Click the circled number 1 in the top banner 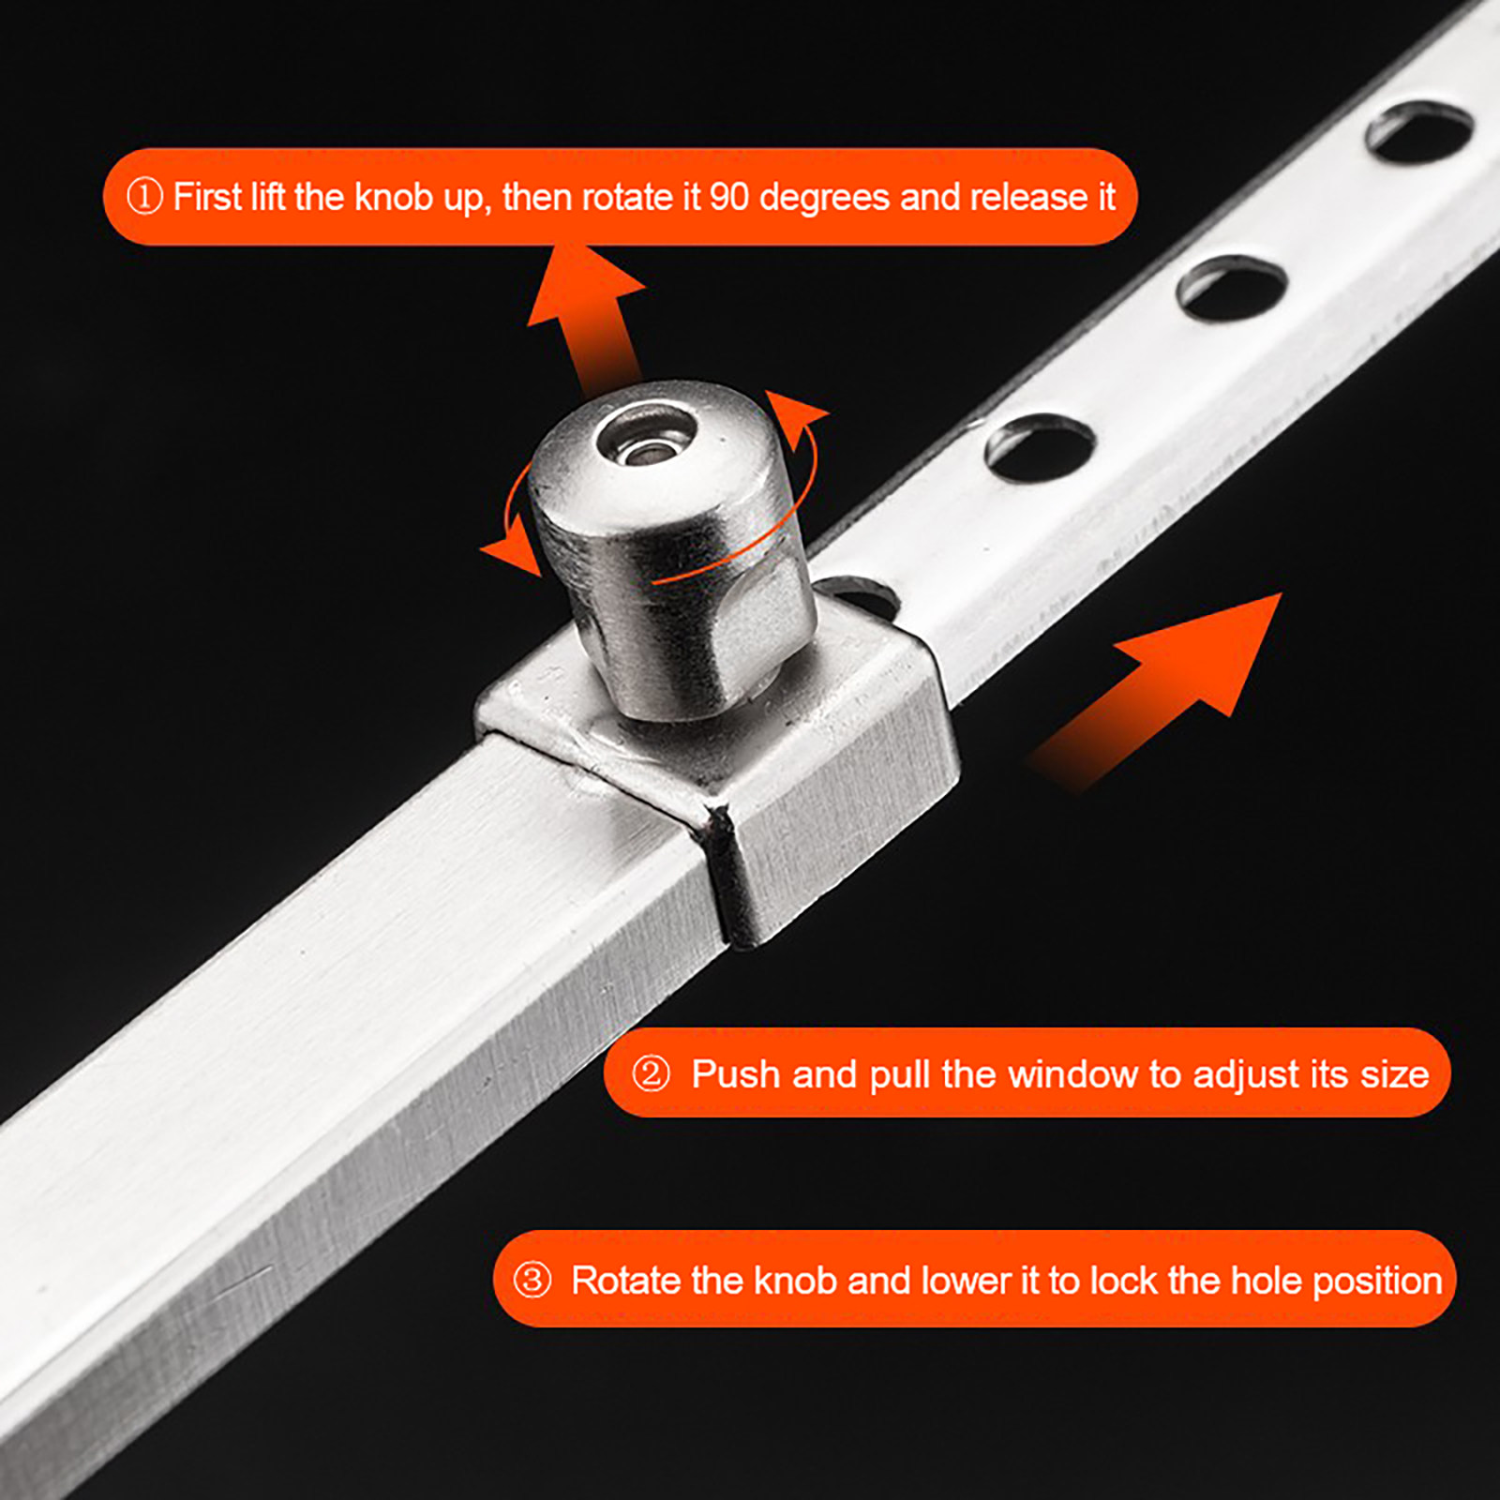[144, 197]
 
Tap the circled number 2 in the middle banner [651, 1073]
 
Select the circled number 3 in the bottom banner [532, 1280]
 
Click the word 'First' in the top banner [207, 198]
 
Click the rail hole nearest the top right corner [1418, 133]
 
